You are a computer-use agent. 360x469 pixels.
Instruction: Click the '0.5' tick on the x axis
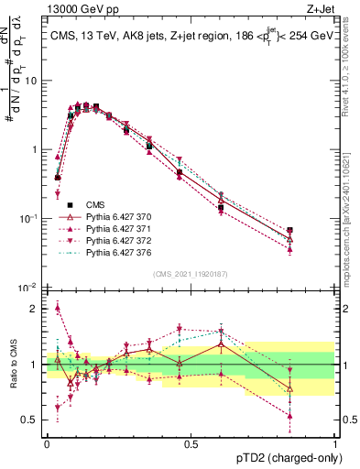(191, 443)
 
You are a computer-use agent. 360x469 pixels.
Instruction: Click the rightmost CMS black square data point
(290, 231)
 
